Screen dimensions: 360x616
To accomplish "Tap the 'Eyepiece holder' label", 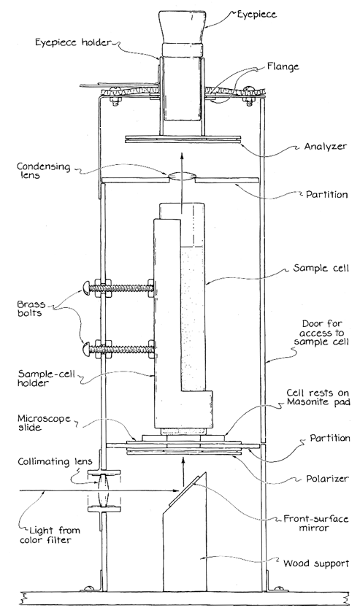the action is (x=73, y=42).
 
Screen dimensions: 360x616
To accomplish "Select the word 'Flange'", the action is (x=283, y=67).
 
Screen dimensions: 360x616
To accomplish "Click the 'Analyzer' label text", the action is (x=326, y=146).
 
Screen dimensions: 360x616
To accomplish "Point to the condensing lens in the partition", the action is (x=182, y=177).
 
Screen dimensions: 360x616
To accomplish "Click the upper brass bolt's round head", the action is (x=87, y=288).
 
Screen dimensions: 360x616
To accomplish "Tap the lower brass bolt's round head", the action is (x=87, y=347).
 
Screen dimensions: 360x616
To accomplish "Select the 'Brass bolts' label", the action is (x=31, y=309).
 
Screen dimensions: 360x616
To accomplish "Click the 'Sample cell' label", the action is (x=321, y=269).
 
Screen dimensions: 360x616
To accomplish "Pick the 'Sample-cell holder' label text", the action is (x=42, y=377).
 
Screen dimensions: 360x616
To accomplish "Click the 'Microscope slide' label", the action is (x=44, y=423).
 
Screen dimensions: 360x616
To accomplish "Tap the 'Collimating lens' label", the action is (x=55, y=461).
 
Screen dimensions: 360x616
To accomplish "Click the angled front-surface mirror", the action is (x=187, y=490).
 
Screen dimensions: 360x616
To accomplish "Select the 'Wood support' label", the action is (x=316, y=563).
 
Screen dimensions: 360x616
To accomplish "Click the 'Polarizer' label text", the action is (x=327, y=479).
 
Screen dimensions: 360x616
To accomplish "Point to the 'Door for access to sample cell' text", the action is (x=321, y=333).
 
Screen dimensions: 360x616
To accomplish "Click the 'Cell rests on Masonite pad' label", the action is (x=318, y=397).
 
